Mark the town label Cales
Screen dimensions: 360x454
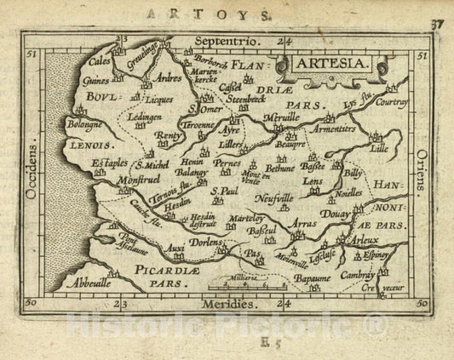(102, 62)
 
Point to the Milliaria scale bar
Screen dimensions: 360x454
(248, 282)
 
